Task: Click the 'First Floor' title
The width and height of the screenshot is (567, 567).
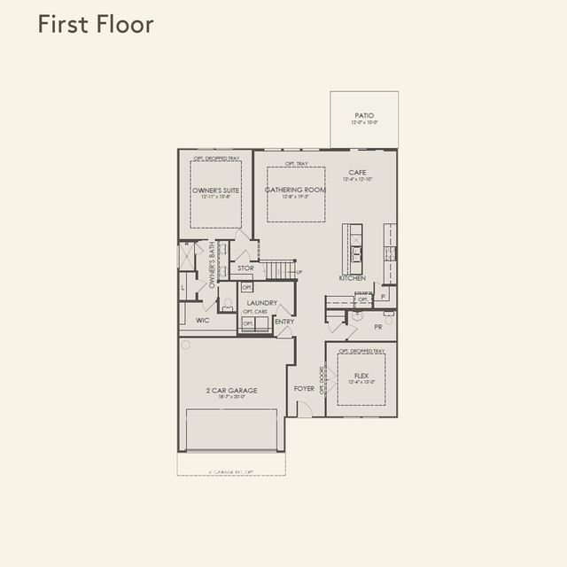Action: tap(96, 24)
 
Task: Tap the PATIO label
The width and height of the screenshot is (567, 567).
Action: tap(363, 115)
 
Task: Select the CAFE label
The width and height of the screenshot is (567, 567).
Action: tap(357, 173)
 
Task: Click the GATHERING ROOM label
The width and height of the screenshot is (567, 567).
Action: tap(296, 190)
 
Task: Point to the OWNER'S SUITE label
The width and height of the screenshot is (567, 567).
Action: tap(216, 190)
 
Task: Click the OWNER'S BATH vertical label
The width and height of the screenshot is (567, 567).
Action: tap(212, 265)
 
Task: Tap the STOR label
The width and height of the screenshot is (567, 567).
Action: tap(245, 268)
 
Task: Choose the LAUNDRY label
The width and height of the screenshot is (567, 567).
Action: tap(262, 303)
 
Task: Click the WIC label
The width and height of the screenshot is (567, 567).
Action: tap(202, 321)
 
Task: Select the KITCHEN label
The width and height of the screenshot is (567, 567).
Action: tap(352, 278)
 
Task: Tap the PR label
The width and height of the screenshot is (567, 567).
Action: tap(378, 327)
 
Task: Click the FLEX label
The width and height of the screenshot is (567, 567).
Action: tap(361, 375)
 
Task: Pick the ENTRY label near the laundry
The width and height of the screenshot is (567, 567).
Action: tap(284, 322)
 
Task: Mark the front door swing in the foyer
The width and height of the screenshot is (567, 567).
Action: tap(303, 408)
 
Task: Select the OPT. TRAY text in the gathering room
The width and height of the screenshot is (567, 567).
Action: tap(297, 164)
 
